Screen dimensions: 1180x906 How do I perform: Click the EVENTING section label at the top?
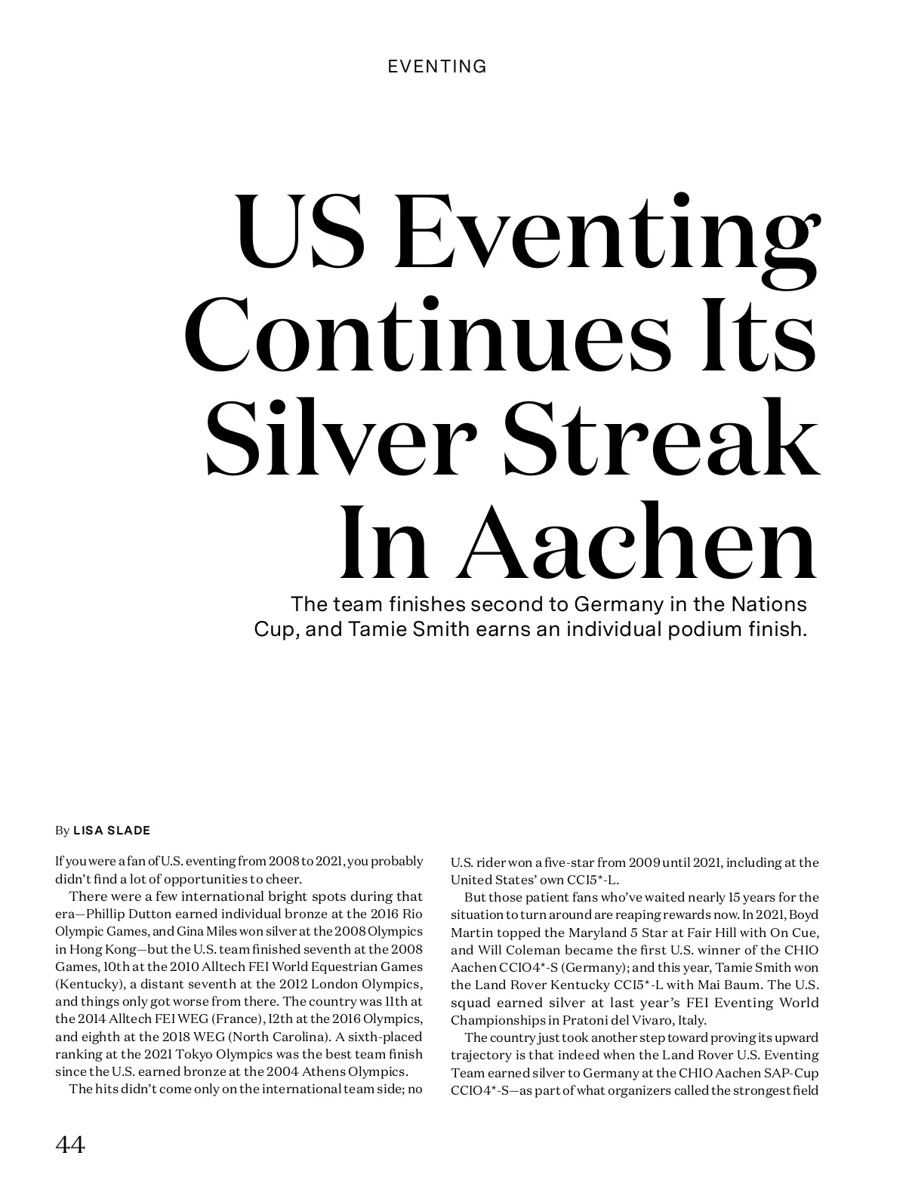437,66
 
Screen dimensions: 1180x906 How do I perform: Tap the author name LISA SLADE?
112,831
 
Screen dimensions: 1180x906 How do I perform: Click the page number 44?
70,1145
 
